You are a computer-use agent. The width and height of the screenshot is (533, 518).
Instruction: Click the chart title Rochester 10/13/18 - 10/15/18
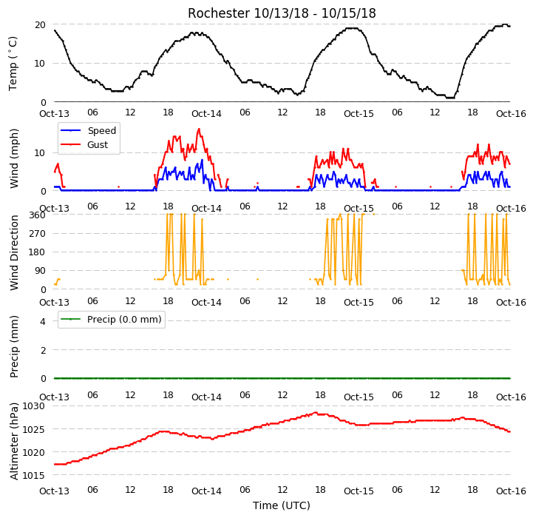click(x=282, y=13)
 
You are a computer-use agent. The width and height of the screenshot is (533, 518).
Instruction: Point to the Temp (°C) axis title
click(x=13, y=64)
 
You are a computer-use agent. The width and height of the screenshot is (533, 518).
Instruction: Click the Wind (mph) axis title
click(x=13, y=158)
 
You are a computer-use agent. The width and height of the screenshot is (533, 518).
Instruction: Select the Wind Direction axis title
click(x=14, y=252)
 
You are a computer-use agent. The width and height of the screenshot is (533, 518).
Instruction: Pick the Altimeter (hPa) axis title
click(x=14, y=442)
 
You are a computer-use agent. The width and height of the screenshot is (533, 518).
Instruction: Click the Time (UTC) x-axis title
click(x=282, y=505)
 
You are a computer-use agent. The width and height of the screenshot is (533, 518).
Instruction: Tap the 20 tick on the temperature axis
click(x=40, y=25)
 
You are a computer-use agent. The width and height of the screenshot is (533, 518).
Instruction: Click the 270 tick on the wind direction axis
click(x=38, y=234)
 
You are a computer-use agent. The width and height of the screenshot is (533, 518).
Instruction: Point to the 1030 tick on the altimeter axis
click(x=34, y=406)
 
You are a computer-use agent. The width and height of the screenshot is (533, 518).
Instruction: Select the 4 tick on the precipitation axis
click(x=42, y=321)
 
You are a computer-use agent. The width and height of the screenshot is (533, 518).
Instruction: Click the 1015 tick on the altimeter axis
click(x=34, y=475)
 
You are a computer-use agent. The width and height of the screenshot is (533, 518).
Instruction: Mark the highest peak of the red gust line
click(x=199, y=129)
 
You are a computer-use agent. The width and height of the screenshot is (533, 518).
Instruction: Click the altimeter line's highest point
click(x=316, y=413)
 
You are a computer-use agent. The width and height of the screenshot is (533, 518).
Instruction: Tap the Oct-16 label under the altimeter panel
click(x=511, y=491)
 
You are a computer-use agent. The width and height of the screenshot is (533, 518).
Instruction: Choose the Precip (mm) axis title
click(x=14, y=347)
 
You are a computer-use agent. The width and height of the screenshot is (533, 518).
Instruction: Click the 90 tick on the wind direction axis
click(x=40, y=271)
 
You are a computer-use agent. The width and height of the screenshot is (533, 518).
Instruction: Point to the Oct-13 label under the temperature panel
click(x=55, y=113)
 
